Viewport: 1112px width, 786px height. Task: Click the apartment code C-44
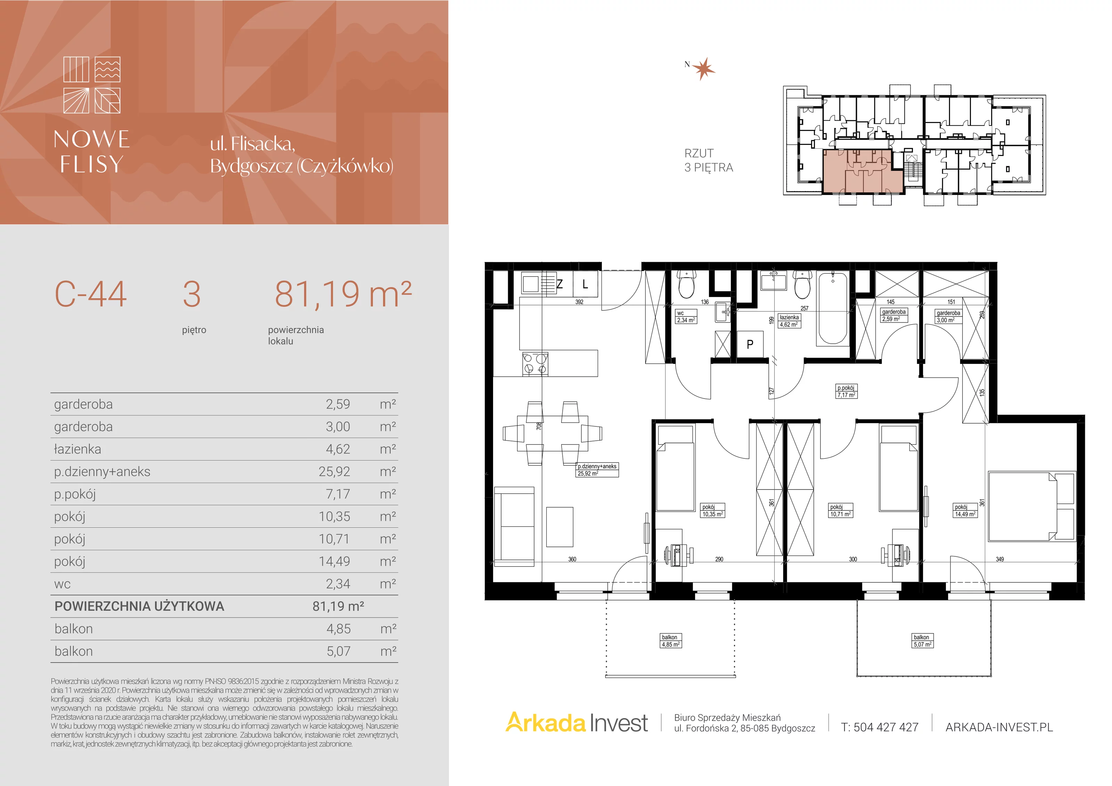pos(91,294)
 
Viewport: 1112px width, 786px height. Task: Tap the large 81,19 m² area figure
pos(343,294)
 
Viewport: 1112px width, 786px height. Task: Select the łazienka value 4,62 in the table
pos(337,449)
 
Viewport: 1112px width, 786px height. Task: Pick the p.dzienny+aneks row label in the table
pos(102,472)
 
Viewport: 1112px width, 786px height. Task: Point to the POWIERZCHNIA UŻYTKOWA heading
pos(139,606)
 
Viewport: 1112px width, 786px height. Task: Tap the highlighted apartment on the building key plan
pos(862,171)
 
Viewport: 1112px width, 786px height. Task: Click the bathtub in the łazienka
pos(833,309)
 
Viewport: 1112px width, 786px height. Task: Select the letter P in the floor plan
pos(750,344)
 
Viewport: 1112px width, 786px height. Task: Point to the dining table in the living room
pos(552,433)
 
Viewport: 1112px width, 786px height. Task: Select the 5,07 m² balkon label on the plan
pos(922,641)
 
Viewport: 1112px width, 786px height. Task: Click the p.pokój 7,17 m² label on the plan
pos(846,391)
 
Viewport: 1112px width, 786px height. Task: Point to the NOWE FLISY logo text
pos(91,152)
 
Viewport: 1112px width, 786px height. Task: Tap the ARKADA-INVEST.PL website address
pos(999,727)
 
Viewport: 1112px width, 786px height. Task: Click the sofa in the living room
pos(514,526)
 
